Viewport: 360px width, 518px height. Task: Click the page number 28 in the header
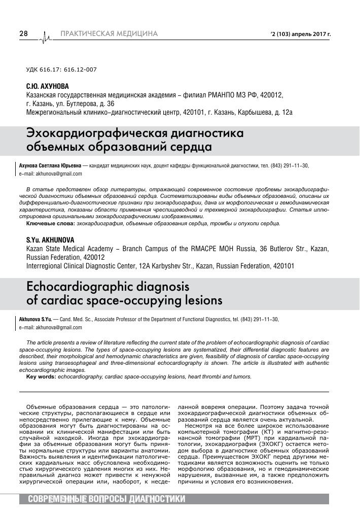click(x=23, y=34)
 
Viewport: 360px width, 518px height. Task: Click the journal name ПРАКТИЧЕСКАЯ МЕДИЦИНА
click(x=109, y=34)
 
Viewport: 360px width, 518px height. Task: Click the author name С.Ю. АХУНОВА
click(x=47, y=86)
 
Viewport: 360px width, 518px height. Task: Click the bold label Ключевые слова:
click(x=51, y=223)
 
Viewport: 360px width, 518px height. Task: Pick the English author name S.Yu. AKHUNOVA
click(x=50, y=239)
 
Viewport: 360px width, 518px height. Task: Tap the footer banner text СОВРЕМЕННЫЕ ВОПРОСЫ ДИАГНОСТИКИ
click(x=106, y=499)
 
